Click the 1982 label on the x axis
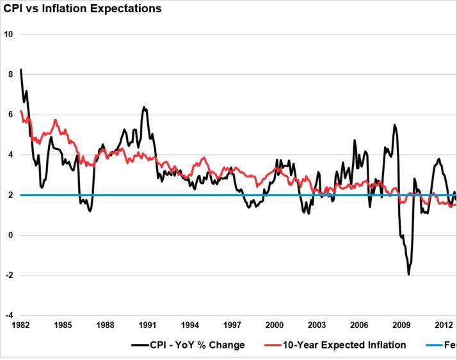point(22,325)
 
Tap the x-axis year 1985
point(63,325)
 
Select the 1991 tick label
point(148,325)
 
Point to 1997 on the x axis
point(232,325)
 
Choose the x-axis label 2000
point(275,325)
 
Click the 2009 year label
point(401,325)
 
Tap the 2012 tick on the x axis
point(444,325)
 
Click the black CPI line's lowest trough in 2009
point(408,274)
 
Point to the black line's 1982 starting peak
point(21,69)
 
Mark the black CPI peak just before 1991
point(143,107)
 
